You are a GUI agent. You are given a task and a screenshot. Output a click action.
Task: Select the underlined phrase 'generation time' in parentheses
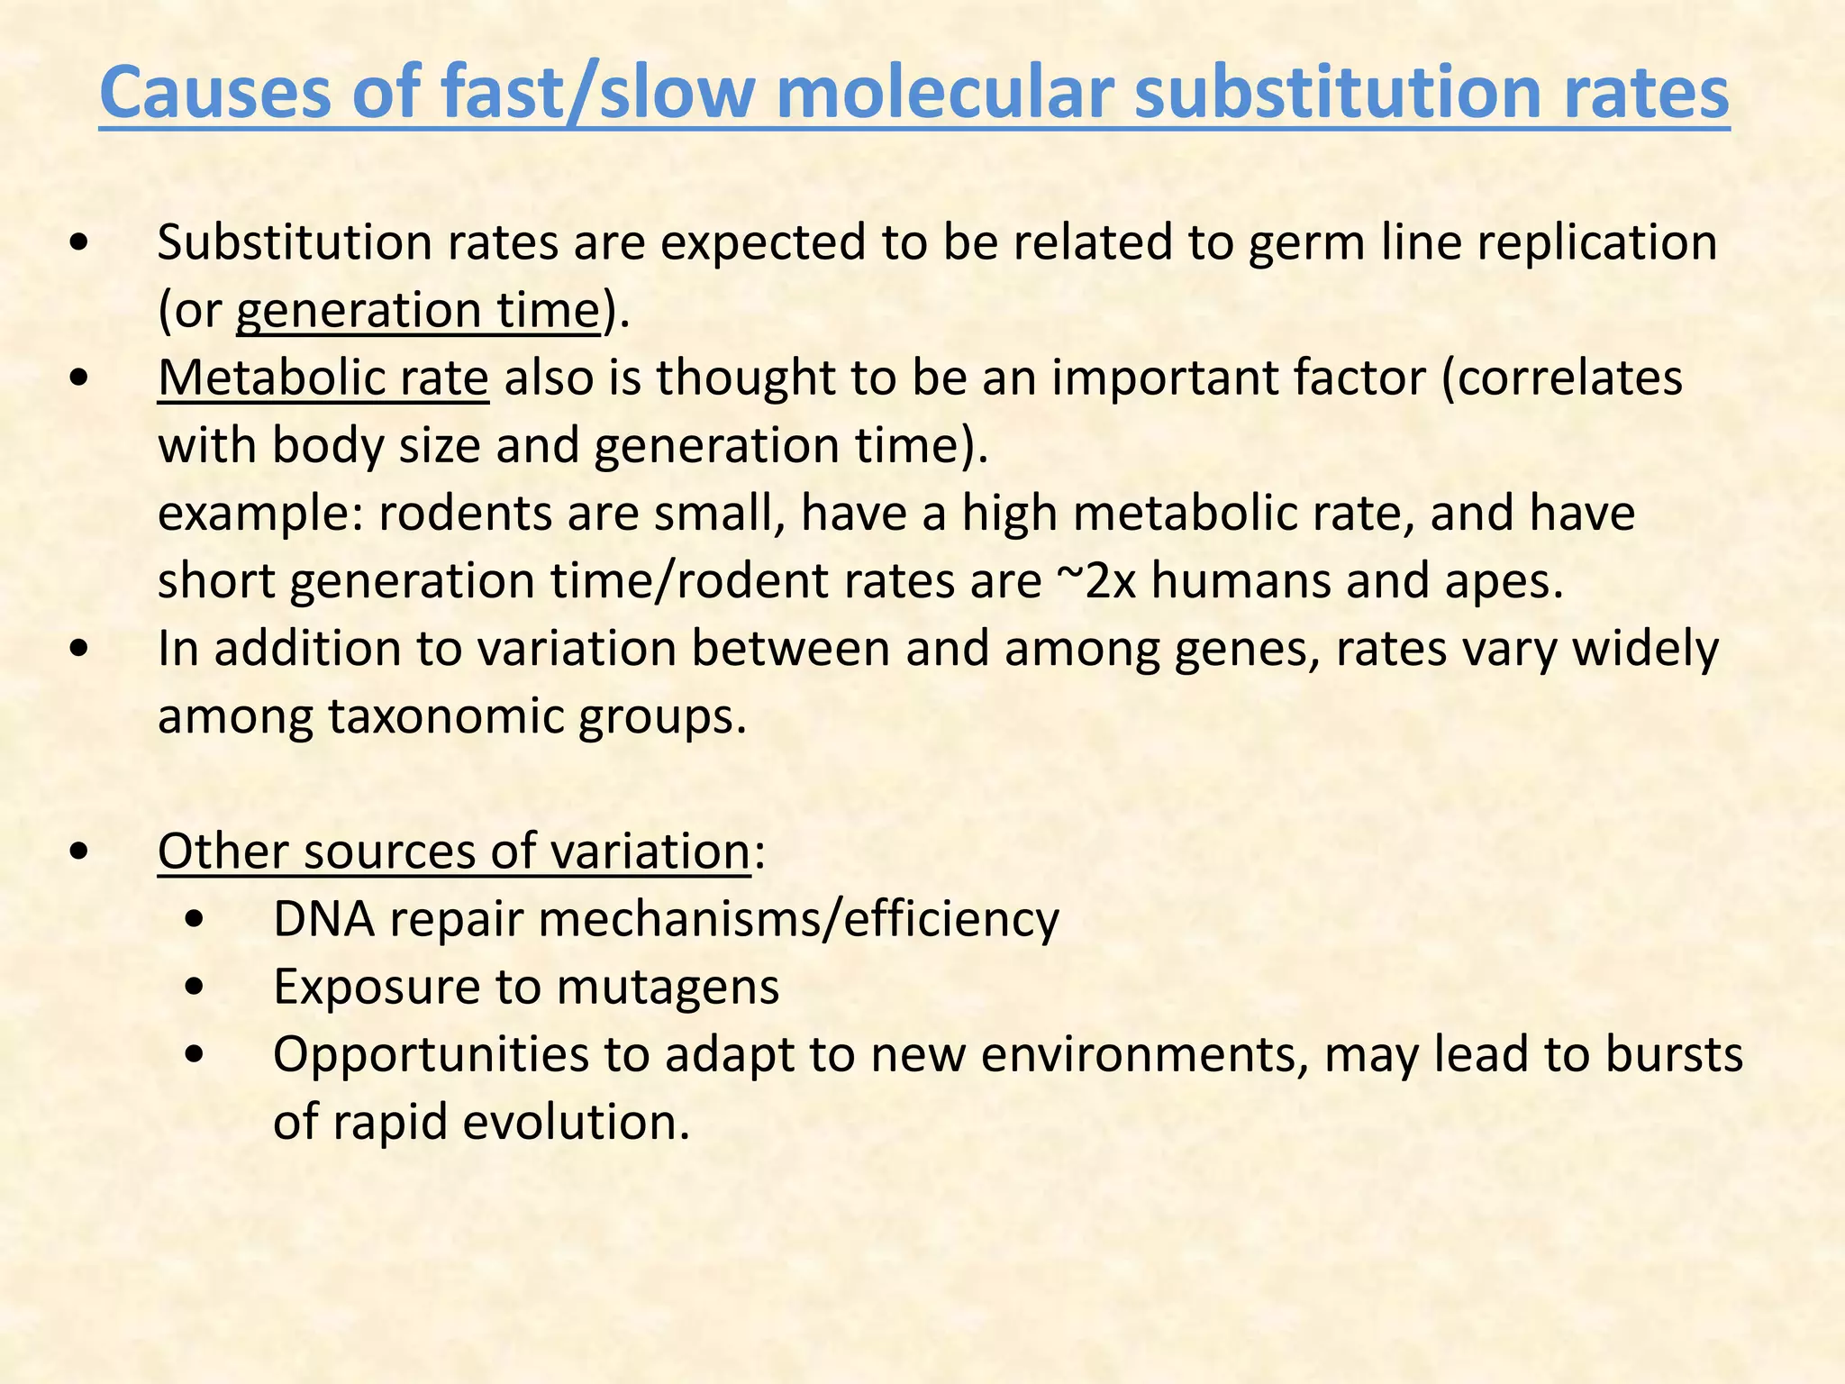pyautogui.click(x=418, y=311)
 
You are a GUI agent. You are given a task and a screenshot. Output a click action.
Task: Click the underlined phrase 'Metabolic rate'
pyautogui.click(x=323, y=378)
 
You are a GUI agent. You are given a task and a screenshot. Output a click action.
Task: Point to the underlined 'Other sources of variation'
pyautogui.click(x=454, y=851)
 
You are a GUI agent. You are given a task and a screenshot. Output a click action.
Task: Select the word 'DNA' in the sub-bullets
pyautogui.click(x=323, y=920)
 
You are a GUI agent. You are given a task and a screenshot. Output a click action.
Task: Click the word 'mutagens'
pyautogui.click(x=668, y=988)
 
